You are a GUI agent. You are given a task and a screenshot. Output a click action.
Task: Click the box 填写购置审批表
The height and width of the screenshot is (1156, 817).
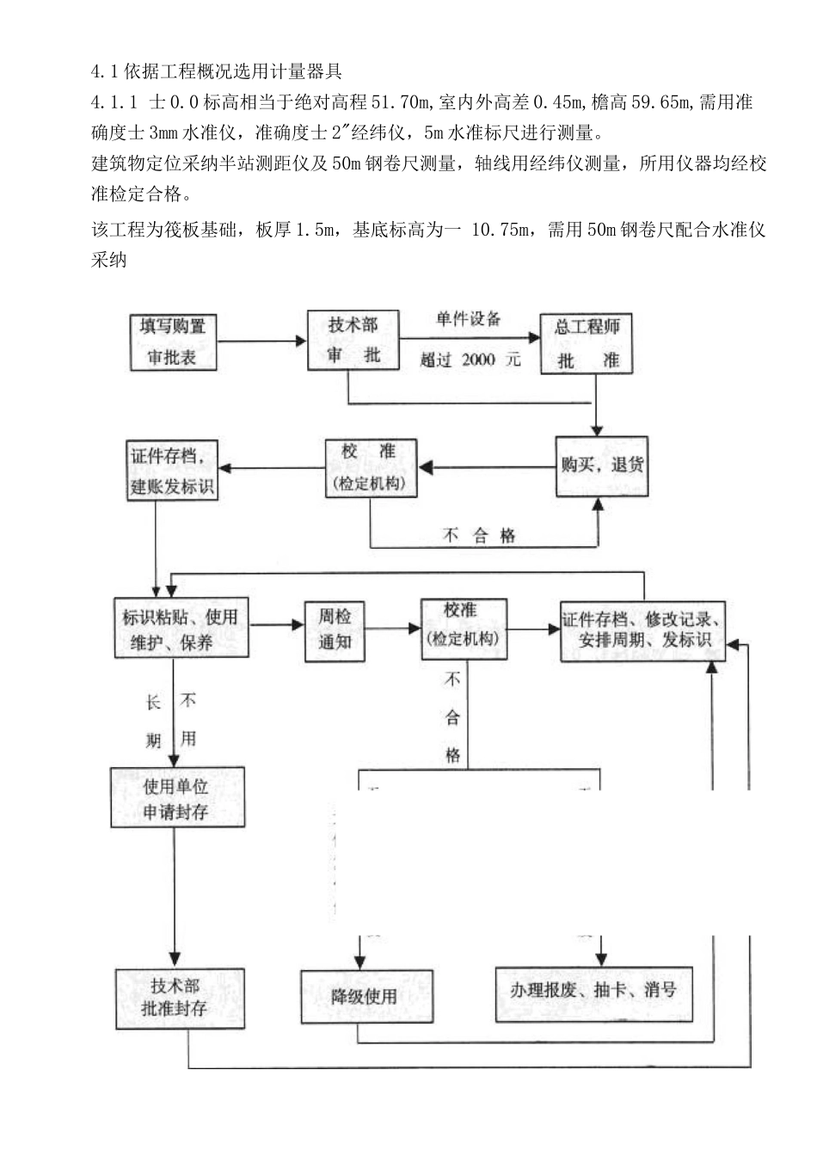pyautogui.click(x=173, y=341)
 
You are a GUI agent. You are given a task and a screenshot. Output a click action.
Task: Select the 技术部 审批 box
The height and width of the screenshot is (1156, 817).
pyautogui.click(x=353, y=341)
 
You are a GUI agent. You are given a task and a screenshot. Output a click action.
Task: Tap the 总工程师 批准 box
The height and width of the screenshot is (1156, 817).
pyautogui.click(x=587, y=343)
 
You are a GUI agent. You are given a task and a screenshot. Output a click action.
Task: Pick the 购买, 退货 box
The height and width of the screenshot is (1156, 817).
pyautogui.click(x=601, y=465)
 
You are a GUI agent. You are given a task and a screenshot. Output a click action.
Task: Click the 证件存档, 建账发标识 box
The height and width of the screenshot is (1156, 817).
pyautogui.click(x=173, y=470)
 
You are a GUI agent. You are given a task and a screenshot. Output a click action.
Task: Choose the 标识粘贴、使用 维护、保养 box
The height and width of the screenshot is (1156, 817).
pyautogui.click(x=181, y=630)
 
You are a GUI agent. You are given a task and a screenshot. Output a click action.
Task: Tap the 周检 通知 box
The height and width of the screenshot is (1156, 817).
pyautogui.click(x=335, y=630)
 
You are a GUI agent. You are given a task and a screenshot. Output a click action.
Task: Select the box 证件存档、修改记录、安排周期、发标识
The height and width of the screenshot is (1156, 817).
pyautogui.click(x=642, y=630)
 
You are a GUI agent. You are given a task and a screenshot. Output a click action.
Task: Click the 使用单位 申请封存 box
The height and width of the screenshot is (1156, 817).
pyautogui.click(x=176, y=799)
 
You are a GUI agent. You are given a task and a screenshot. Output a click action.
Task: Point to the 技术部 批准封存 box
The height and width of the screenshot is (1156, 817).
pyautogui.click(x=180, y=998)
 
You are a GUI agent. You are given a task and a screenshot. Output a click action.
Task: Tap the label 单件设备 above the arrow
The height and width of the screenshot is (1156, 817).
pyautogui.click(x=469, y=319)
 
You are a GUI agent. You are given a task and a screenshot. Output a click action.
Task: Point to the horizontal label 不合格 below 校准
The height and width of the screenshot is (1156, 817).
pyautogui.click(x=480, y=535)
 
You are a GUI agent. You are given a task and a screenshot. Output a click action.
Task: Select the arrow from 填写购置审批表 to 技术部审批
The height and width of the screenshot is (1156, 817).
pyautogui.click(x=262, y=341)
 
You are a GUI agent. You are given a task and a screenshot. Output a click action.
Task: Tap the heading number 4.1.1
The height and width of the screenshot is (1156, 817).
pyautogui.click(x=114, y=102)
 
